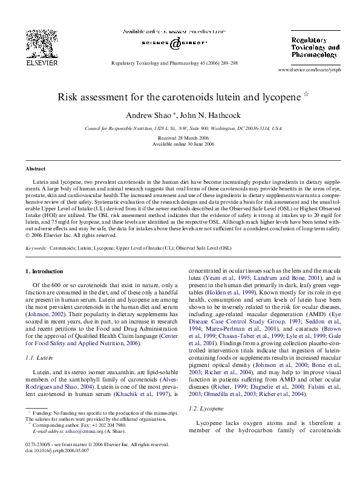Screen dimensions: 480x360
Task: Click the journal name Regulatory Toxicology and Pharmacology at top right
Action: tap(315, 47)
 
